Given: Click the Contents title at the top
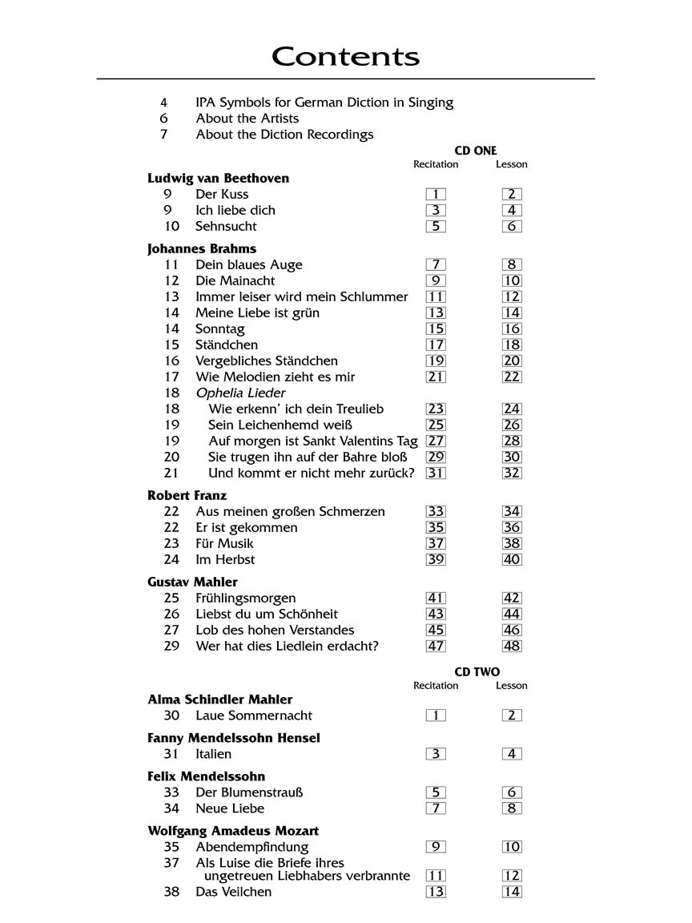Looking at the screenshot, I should point(345,57).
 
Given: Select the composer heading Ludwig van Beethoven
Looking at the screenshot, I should point(218,178).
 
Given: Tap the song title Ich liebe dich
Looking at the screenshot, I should point(235,210).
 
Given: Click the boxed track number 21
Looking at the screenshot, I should point(436,377).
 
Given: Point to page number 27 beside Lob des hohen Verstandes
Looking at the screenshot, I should point(171,630).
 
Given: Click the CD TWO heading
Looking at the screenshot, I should point(477,672).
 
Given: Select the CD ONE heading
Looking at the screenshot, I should point(476,151).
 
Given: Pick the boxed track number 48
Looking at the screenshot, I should point(512,646).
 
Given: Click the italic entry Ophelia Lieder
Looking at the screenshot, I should point(240,393).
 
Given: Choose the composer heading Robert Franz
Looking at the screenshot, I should point(187,495).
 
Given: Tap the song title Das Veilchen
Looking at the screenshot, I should point(233,892).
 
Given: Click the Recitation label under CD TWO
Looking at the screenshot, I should point(436,686).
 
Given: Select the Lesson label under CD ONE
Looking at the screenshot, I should point(511,164).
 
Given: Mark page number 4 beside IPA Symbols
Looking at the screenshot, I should point(164,103).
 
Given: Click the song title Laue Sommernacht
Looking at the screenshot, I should point(254,715).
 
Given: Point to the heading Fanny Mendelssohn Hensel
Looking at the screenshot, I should point(233,738).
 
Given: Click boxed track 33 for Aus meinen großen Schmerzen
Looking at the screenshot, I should point(436,511).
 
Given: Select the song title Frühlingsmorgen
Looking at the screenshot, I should point(245,598).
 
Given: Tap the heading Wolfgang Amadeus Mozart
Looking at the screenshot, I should point(233,831).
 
